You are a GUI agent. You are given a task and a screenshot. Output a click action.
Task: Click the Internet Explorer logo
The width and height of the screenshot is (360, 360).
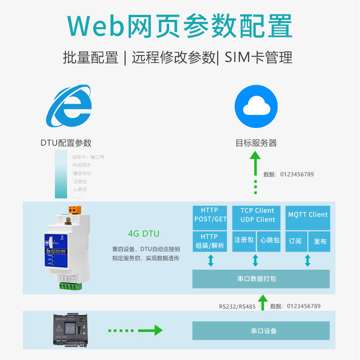click(69, 107)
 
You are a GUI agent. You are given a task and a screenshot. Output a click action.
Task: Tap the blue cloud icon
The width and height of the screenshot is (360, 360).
click(256, 106)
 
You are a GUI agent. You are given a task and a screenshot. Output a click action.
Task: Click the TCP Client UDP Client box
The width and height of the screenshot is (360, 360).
click(257, 215)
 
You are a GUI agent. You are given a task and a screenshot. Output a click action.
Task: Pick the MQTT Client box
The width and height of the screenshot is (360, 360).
click(308, 215)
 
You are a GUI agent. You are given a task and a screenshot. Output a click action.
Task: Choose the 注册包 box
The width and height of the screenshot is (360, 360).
click(243, 240)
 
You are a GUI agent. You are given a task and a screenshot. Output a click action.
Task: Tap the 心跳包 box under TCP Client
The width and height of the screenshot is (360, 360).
click(270, 240)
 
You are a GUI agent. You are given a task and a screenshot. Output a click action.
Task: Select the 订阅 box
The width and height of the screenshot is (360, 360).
click(295, 241)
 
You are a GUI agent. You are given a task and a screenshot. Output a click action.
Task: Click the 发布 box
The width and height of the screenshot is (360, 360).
click(320, 241)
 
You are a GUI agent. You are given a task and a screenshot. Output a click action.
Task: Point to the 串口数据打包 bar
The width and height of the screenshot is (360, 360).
click(261, 279)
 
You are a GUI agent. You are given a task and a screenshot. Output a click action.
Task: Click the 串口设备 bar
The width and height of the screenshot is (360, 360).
click(261, 331)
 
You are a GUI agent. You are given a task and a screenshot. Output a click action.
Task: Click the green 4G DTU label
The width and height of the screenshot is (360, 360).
click(144, 234)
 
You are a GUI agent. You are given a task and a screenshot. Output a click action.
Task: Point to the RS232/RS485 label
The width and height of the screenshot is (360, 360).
click(237, 306)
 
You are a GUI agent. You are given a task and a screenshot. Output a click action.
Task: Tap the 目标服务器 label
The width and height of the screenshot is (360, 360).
click(256, 143)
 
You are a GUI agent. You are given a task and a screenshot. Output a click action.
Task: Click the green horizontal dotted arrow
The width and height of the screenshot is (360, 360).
click(135, 331)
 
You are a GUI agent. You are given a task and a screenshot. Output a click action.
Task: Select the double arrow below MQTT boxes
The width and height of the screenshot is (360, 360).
click(308, 261)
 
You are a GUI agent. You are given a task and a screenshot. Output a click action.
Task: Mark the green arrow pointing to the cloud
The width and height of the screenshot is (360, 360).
click(256, 173)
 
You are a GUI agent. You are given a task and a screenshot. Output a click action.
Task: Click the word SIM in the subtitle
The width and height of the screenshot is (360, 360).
click(237, 58)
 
